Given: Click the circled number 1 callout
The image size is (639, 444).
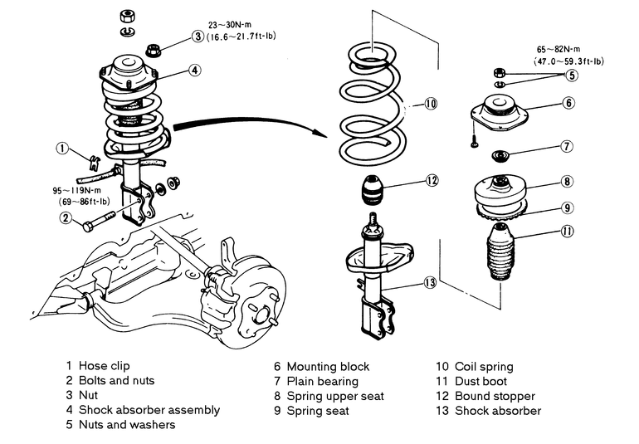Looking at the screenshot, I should coord(61,149).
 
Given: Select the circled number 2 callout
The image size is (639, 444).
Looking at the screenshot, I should coord(64,218).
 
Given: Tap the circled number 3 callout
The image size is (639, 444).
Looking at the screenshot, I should coord(198,36).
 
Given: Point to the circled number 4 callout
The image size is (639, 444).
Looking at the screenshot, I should coord(194,71).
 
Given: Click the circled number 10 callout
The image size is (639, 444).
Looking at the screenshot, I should coord(430,104).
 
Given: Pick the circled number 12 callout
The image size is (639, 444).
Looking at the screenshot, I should coord(432,180).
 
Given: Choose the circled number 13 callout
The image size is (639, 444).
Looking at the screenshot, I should coord(430,282).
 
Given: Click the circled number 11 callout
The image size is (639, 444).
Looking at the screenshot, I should coord(567,232).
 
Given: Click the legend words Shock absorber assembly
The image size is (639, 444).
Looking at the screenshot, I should coord(149,410).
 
